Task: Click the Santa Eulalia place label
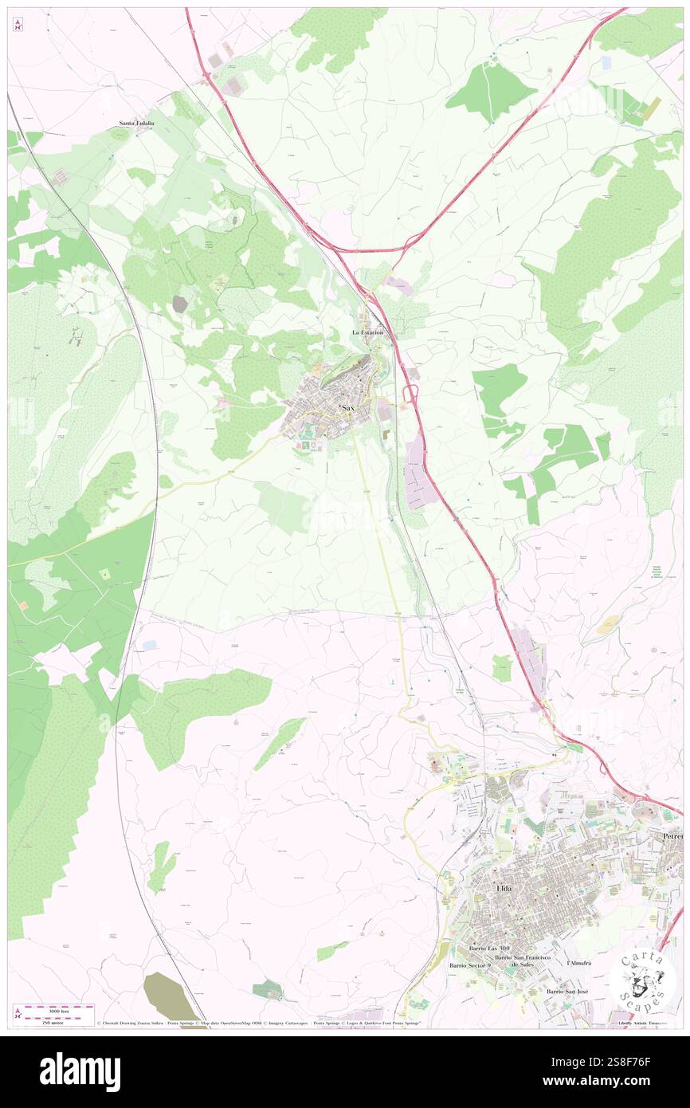point(136,124)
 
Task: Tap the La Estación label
point(367,332)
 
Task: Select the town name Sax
point(348,407)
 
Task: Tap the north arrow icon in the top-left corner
point(18,26)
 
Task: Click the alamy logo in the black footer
point(80,1071)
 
